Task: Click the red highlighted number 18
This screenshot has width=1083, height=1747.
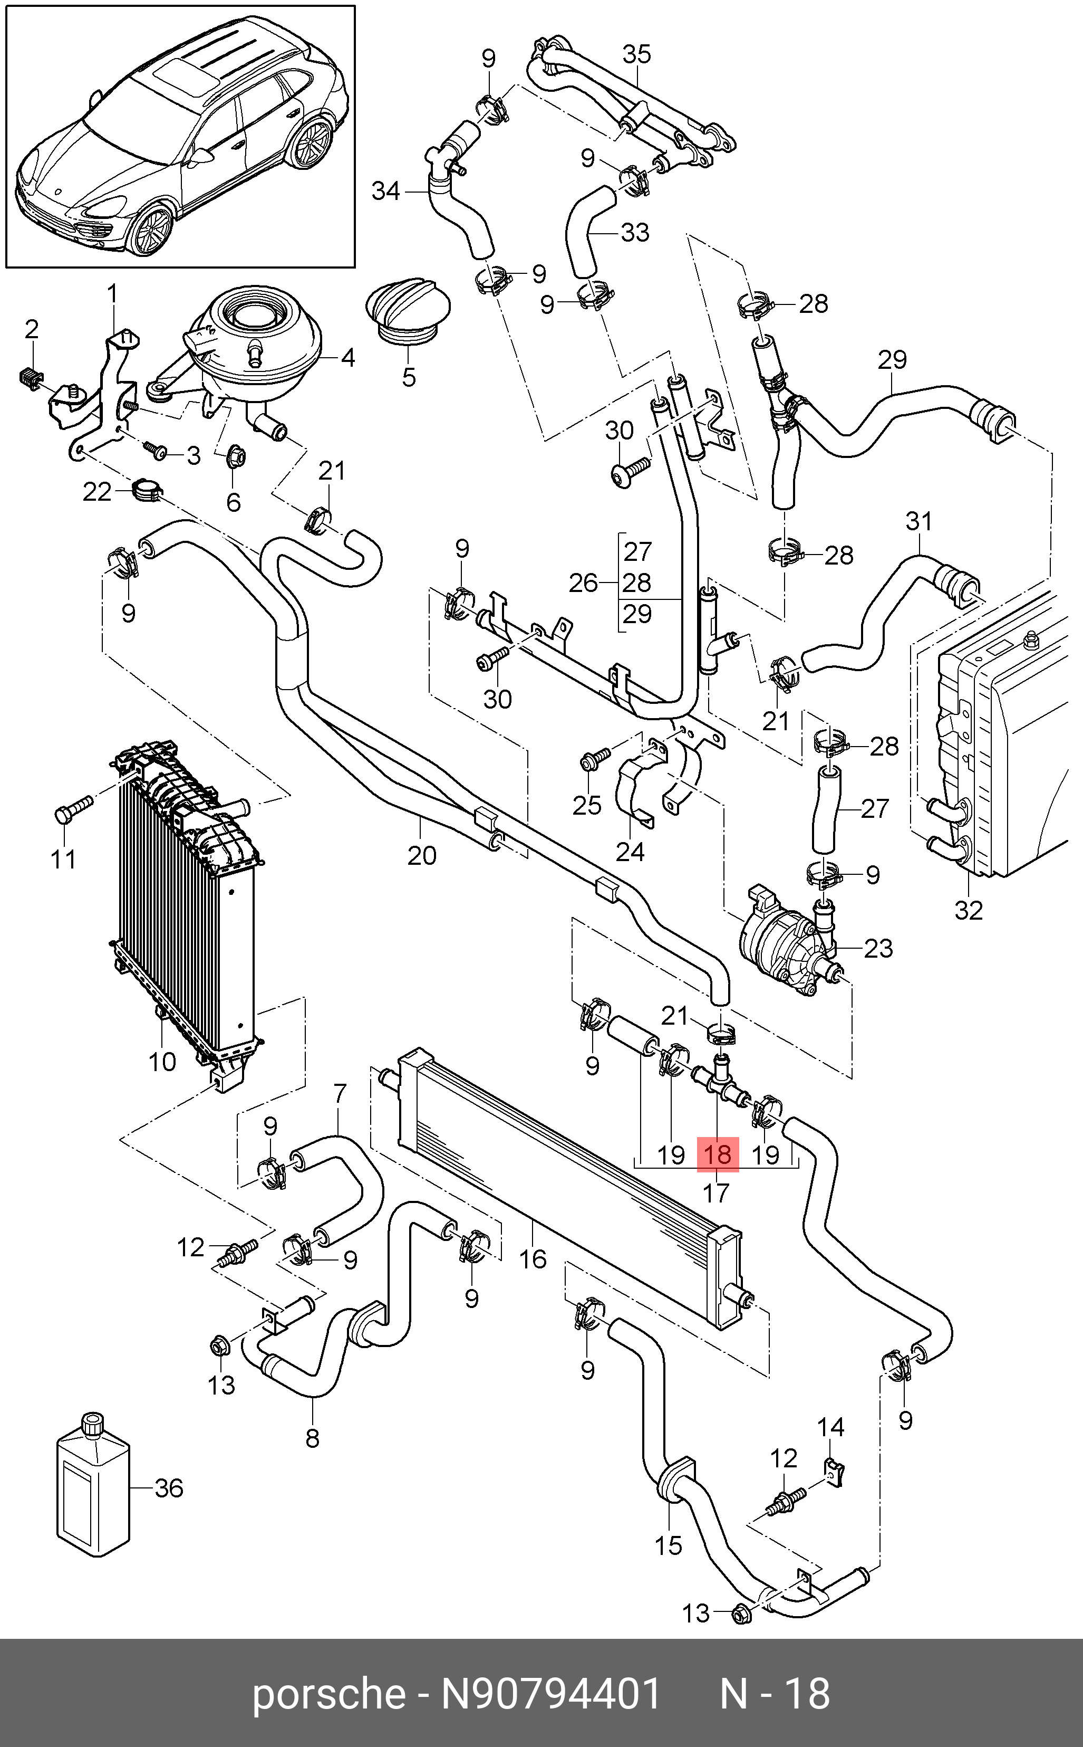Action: [x=718, y=1154]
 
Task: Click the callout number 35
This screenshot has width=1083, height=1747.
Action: [x=636, y=54]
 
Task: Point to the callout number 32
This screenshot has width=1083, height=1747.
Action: [x=969, y=910]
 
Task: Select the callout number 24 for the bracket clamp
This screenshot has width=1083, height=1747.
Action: [x=630, y=851]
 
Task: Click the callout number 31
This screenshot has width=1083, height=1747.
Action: [x=919, y=521]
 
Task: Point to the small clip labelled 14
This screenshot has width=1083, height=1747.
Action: [x=833, y=1473]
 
